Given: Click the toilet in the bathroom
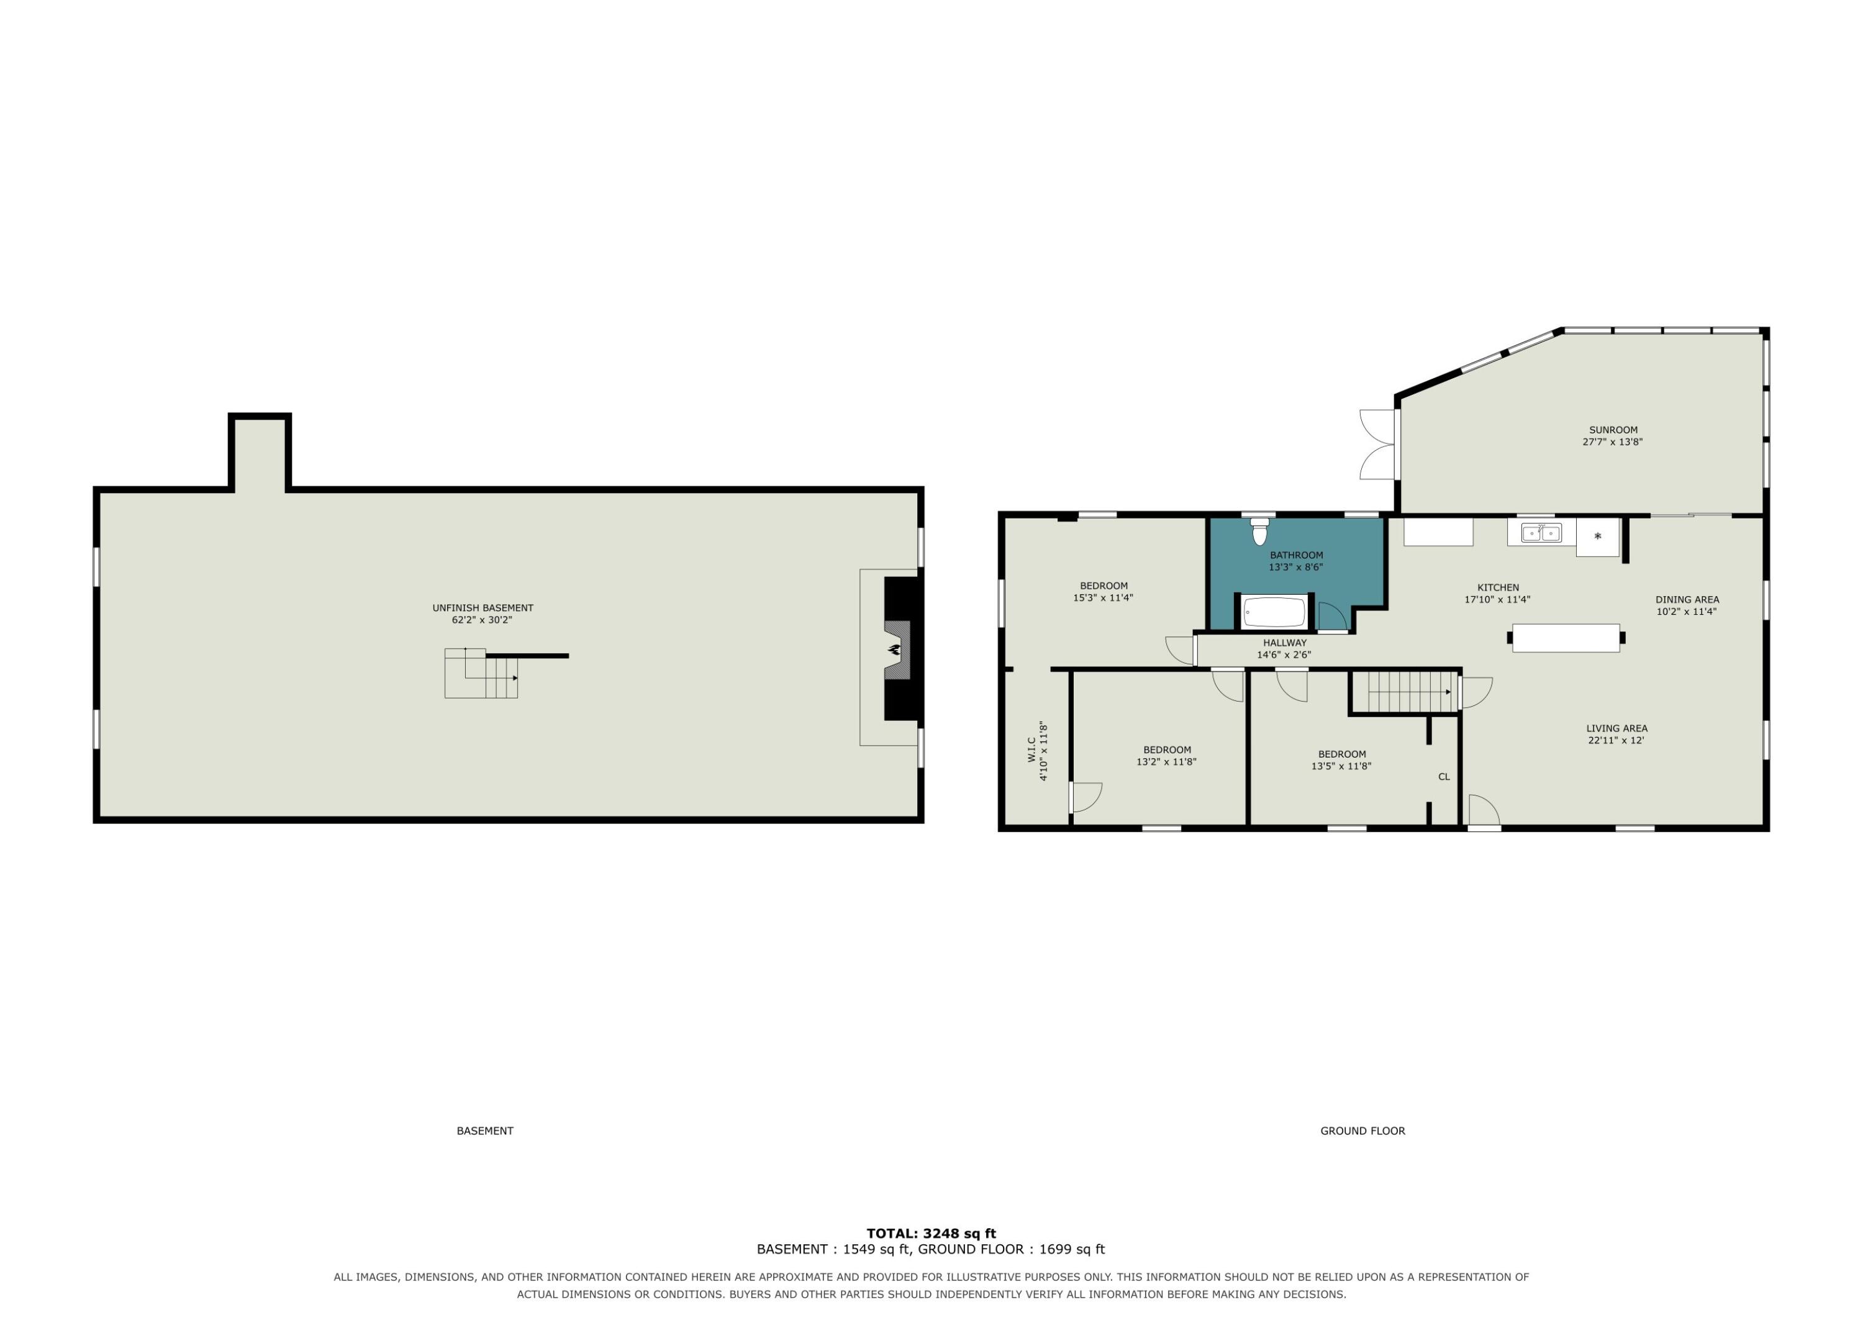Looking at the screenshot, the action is click(x=1259, y=532).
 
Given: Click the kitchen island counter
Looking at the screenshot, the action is click(x=1566, y=638).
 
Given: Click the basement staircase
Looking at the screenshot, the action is click(x=481, y=674).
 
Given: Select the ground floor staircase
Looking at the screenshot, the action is click(x=1410, y=692).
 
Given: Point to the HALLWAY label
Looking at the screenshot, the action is click(x=1284, y=643).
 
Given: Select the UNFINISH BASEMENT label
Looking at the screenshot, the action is click(x=483, y=608).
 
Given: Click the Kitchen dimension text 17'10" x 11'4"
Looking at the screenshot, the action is click(x=1498, y=600).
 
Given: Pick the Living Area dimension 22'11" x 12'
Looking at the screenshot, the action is click(x=1616, y=740).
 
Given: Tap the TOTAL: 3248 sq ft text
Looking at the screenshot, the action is click(x=931, y=1233).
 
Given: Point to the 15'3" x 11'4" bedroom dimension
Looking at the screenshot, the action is click(x=1104, y=598).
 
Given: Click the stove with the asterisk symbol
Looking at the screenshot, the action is click(x=1598, y=537).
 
